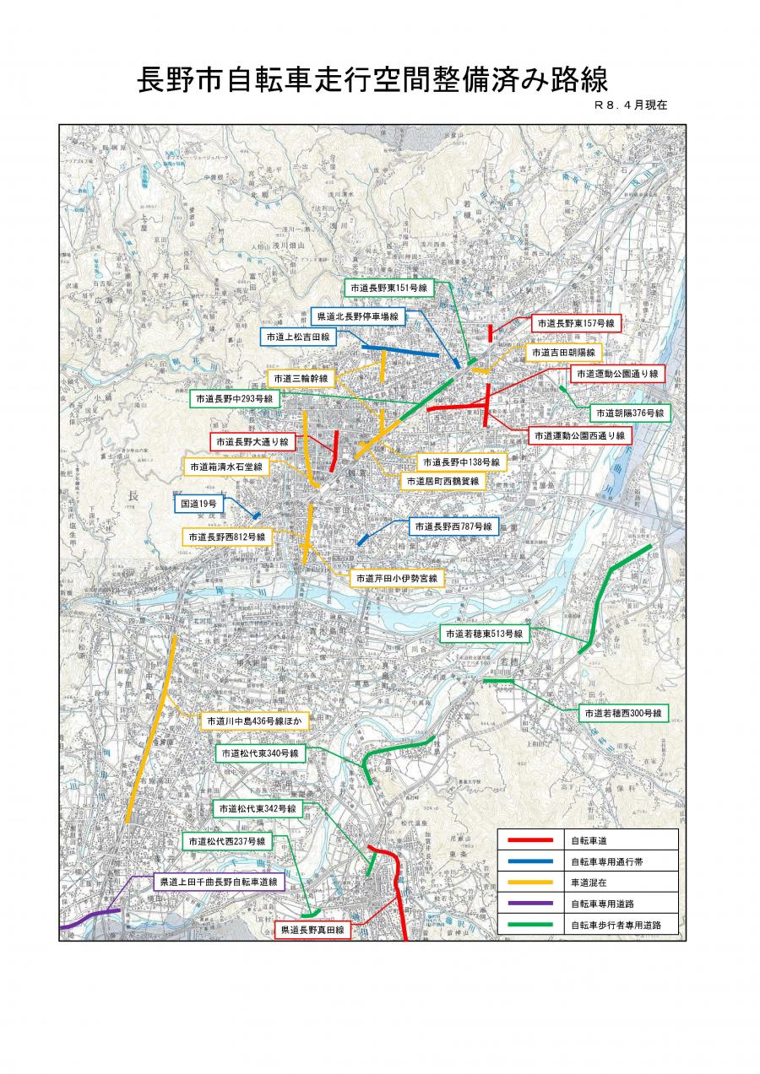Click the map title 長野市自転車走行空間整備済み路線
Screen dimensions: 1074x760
coord(372,81)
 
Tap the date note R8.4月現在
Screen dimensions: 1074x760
coord(631,106)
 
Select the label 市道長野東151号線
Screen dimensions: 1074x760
coord(389,288)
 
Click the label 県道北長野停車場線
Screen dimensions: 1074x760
coord(358,316)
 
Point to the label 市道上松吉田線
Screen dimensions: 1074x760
coord(297,337)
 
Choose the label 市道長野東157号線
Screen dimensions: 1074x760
coord(577,323)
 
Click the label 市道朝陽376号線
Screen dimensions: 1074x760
coord(629,413)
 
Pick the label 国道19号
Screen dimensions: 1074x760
coord(200,504)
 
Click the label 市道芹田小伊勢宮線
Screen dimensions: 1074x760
coord(396,578)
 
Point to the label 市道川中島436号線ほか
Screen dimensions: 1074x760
coord(254,722)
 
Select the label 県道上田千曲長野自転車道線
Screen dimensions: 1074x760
coord(219,882)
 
